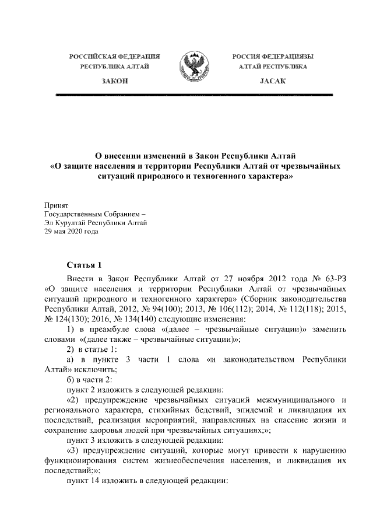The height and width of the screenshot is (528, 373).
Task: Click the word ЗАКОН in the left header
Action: pyautogui.click(x=114, y=82)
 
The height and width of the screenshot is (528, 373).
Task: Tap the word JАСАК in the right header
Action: pyautogui.click(x=273, y=82)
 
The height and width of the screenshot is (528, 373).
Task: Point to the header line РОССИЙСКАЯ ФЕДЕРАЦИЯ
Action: pyautogui.click(x=115, y=57)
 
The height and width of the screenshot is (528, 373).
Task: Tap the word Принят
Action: pyautogui.click(x=57, y=205)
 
